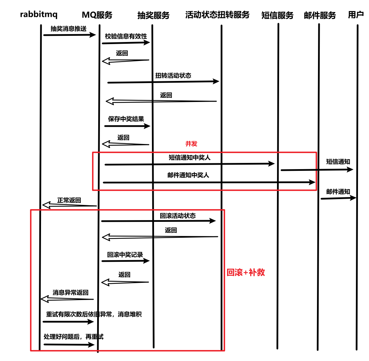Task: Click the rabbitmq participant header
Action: [39, 14]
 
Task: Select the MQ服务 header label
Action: [97, 15]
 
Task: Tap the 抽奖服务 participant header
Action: [153, 16]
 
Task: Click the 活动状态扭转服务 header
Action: [217, 15]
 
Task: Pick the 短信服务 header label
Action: [277, 16]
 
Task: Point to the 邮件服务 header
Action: [320, 16]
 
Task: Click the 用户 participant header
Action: [356, 15]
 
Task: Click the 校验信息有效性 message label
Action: [126, 36]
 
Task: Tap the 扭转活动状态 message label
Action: [173, 75]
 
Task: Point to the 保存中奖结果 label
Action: [126, 119]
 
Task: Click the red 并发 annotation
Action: [191, 144]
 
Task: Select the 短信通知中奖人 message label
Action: [189, 158]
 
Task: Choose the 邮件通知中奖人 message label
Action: [188, 175]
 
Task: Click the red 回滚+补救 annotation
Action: [246, 272]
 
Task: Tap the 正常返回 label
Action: [69, 200]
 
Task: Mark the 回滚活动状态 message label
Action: [177, 216]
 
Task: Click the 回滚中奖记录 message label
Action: [125, 255]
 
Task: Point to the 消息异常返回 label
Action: [70, 293]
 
